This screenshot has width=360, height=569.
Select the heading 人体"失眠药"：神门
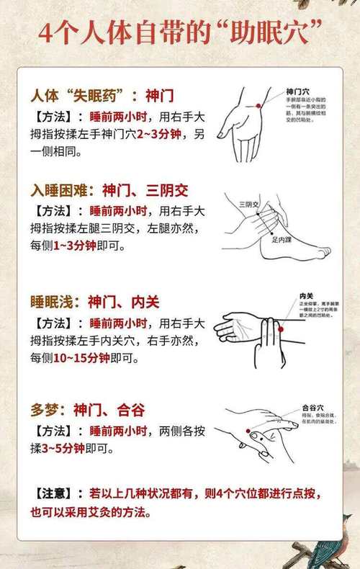(x=102, y=94)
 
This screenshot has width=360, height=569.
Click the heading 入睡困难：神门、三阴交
(x=109, y=190)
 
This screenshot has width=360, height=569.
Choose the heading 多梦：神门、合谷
(x=87, y=411)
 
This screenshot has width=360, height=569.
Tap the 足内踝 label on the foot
(x=282, y=239)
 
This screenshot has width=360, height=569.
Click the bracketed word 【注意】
(x=53, y=494)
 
